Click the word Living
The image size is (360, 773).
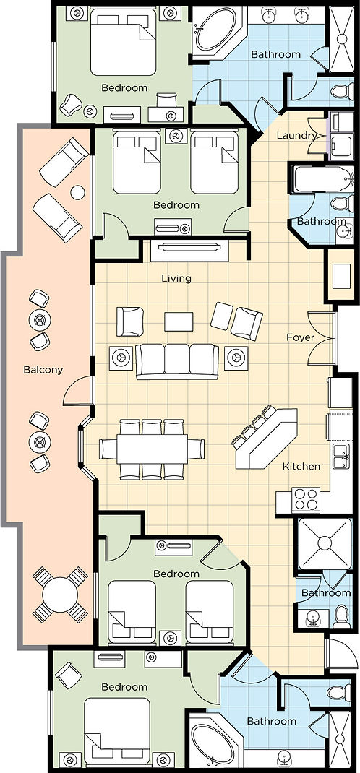[176, 278]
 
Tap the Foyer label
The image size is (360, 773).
[299, 336]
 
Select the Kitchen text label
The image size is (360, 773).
[301, 466]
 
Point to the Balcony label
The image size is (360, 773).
[43, 370]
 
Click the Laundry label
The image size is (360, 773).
[297, 135]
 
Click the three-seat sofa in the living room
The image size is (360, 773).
[177, 360]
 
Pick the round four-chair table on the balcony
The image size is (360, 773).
[61, 595]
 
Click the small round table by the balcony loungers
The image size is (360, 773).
[77, 193]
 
